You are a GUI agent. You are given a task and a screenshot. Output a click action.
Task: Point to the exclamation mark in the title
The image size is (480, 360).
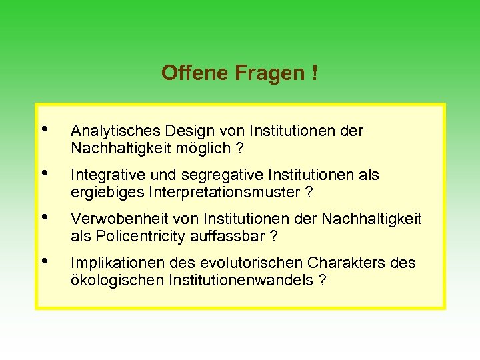pos(314,73)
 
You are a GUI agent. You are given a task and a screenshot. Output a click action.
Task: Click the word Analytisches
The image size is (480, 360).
pos(111,131)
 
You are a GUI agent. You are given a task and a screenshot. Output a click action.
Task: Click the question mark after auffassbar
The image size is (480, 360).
pos(273,236)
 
